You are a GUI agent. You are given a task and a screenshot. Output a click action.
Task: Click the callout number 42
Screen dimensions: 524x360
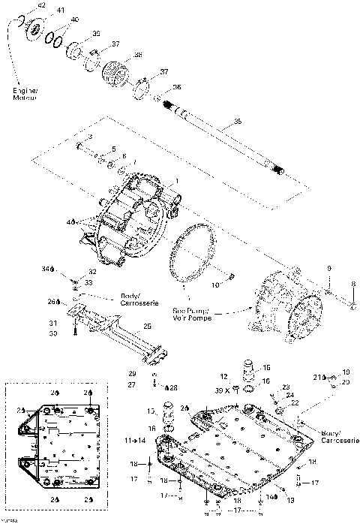coord(41,5)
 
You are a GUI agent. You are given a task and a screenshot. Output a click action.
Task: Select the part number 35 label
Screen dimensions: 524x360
coord(238,121)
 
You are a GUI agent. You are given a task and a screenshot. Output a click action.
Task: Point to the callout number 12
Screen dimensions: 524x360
coord(223,375)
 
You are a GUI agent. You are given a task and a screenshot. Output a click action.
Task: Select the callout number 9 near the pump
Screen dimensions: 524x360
coord(328,268)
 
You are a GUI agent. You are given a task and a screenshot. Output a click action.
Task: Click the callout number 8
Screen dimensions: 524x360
coord(352,283)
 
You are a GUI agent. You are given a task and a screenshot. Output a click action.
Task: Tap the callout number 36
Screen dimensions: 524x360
coord(177,87)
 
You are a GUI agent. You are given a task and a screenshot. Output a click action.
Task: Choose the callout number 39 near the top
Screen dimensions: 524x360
coord(96,35)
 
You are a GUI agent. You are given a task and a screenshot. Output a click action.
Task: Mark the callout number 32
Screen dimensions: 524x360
coord(92,271)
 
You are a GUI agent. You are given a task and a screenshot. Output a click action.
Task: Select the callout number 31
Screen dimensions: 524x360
coord(53,324)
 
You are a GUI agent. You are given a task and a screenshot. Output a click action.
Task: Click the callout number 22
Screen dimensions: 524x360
coord(295,403)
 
